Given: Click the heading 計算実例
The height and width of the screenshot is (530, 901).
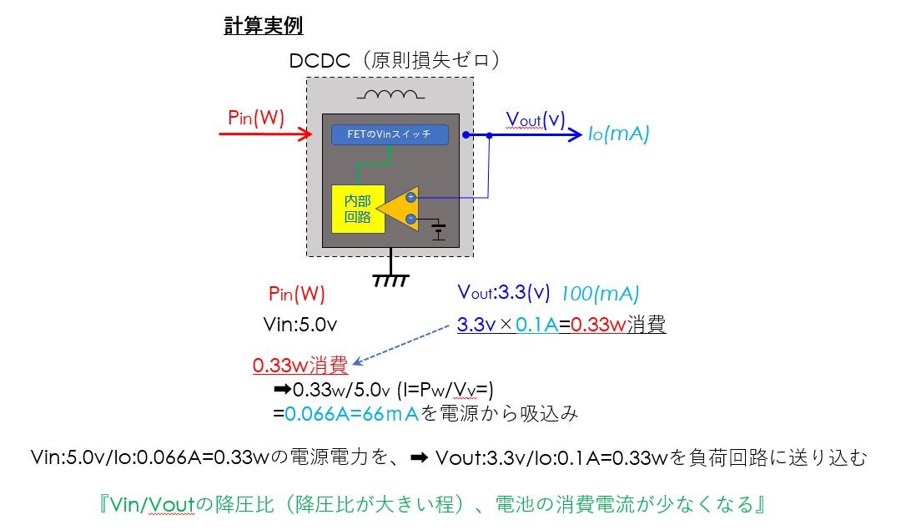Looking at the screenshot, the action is (x=263, y=26).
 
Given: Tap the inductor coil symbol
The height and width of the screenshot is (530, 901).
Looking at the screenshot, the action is (x=390, y=94).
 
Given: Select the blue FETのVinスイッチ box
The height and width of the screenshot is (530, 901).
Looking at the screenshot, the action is (x=390, y=134).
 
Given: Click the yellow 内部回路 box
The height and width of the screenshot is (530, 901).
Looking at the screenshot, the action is (x=358, y=209).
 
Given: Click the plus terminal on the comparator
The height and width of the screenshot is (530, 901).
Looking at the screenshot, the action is (x=410, y=197).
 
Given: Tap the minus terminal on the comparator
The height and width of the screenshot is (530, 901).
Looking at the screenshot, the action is (x=410, y=219).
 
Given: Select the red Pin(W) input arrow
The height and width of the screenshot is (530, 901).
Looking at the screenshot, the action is (x=265, y=134).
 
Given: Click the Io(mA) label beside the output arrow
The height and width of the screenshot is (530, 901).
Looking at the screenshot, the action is (x=618, y=134).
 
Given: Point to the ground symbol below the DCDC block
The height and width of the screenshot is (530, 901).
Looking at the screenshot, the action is (x=391, y=280).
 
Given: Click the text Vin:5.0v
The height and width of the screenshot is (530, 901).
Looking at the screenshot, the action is (x=300, y=325).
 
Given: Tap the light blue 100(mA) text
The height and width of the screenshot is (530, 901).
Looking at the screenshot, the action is (x=600, y=294).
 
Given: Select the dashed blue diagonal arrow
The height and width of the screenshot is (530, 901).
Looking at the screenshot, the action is (x=400, y=345).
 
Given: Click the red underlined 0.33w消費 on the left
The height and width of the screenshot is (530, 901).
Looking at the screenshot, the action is (x=300, y=365).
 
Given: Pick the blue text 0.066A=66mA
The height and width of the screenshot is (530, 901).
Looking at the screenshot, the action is (x=352, y=414).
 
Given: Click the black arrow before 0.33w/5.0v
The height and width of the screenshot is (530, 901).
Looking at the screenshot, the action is (x=282, y=390).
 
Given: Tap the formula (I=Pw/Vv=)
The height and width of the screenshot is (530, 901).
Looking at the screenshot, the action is (x=445, y=390).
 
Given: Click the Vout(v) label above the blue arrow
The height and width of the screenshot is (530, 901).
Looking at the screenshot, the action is (x=535, y=119).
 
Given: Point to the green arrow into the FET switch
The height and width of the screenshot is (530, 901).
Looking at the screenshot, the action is (x=374, y=164).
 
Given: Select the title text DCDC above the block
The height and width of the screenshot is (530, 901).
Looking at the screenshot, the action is (x=320, y=60).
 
